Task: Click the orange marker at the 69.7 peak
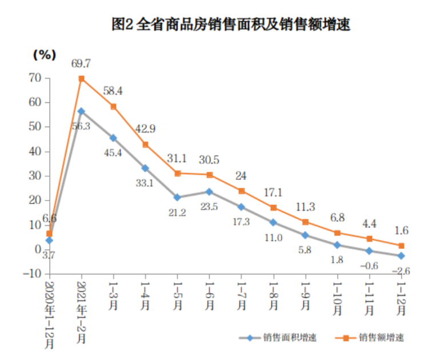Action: pyautogui.click(x=82, y=79)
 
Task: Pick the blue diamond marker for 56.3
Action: pyautogui.click(x=82, y=111)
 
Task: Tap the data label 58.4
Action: pyautogui.click(x=114, y=91)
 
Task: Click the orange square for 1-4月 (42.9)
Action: pyautogui.click(x=146, y=145)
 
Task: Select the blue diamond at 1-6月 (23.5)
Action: pyautogui.click(x=209, y=192)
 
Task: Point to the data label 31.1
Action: pyautogui.click(x=177, y=159)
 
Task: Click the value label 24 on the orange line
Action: pyautogui.click(x=241, y=176)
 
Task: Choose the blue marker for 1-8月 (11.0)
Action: pyautogui.click(x=273, y=222)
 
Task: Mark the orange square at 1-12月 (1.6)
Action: pyautogui.click(x=401, y=246)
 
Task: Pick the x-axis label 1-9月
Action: pyautogui.click(x=305, y=298)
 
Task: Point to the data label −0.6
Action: pyautogui.click(x=369, y=265)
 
